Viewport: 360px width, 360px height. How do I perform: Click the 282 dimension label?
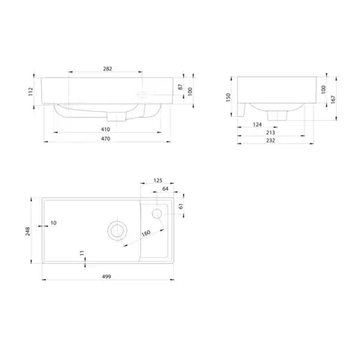pyautogui.click(x=107, y=69)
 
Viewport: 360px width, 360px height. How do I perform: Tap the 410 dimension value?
pyautogui.click(x=106, y=129)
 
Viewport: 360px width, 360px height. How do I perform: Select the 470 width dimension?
pyautogui.click(x=106, y=139)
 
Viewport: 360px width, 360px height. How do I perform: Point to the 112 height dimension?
pyautogui.click(x=31, y=91)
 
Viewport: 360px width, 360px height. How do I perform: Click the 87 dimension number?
pyautogui.click(x=180, y=87)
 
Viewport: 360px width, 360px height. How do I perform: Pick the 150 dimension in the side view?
pyautogui.click(x=228, y=97)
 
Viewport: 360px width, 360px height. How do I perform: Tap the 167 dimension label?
pyautogui.click(x=333, y=99)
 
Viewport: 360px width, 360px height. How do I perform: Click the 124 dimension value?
pyautogui.click(x=257, y=124)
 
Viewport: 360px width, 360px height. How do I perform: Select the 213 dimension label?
pyautogui.click(x=270, y=133)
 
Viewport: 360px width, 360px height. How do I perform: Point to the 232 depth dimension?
pyautogui.click(x=271, y=140)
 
